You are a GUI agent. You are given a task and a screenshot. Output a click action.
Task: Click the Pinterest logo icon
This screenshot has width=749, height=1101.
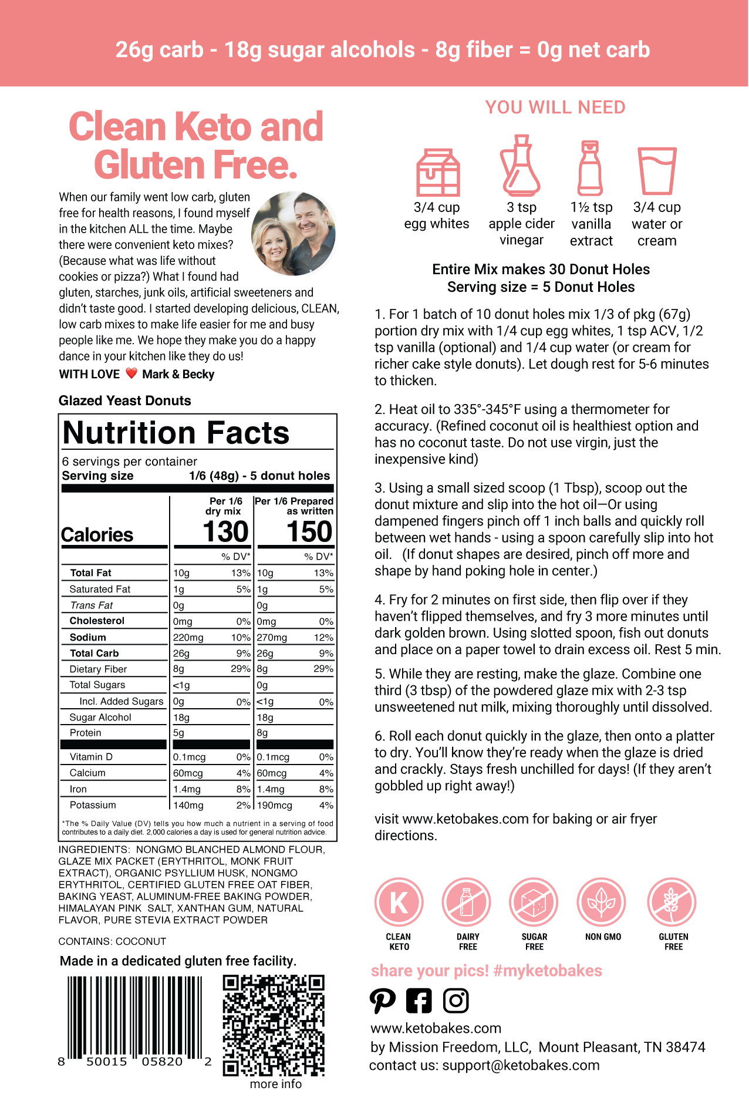(x=383, y=1001)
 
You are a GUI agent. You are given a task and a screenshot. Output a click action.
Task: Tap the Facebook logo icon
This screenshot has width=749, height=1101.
(x=419, y=1001)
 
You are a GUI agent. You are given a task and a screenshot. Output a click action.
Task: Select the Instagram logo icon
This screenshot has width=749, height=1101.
(x=456, y=1001)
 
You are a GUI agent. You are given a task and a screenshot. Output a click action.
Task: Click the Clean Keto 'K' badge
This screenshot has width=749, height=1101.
(x=399, y=903)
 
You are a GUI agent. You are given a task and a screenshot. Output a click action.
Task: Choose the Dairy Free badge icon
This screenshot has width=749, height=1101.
(x=467, y=903)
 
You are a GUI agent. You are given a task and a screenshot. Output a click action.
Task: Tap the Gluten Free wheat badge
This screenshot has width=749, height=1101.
(x=672, y=903)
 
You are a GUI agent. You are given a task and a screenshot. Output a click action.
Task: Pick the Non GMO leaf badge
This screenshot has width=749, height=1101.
(x=602, y=903)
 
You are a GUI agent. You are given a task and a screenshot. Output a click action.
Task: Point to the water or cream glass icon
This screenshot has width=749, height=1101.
(x=657, y=171)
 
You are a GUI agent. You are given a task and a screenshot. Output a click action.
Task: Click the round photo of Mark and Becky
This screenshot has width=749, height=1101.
(x=293, y=234)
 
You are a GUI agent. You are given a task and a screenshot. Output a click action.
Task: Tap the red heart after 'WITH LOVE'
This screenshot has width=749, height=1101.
(x=131, y=373)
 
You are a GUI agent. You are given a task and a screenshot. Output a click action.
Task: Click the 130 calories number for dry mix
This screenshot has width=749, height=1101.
(x=225, y=532)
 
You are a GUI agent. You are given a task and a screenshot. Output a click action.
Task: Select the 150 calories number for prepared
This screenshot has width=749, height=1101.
(x=309, y=532)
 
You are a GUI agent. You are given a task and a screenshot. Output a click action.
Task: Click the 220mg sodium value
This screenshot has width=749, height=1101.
(x=188, y=638)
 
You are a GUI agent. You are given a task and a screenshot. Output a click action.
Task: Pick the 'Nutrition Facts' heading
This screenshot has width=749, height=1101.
(x=176, y=433)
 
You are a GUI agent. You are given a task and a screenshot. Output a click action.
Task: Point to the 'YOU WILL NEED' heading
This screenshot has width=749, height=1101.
(x=555, y=107)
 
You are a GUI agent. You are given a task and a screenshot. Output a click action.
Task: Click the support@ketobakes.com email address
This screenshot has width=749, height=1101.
(x=521, y=1065)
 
